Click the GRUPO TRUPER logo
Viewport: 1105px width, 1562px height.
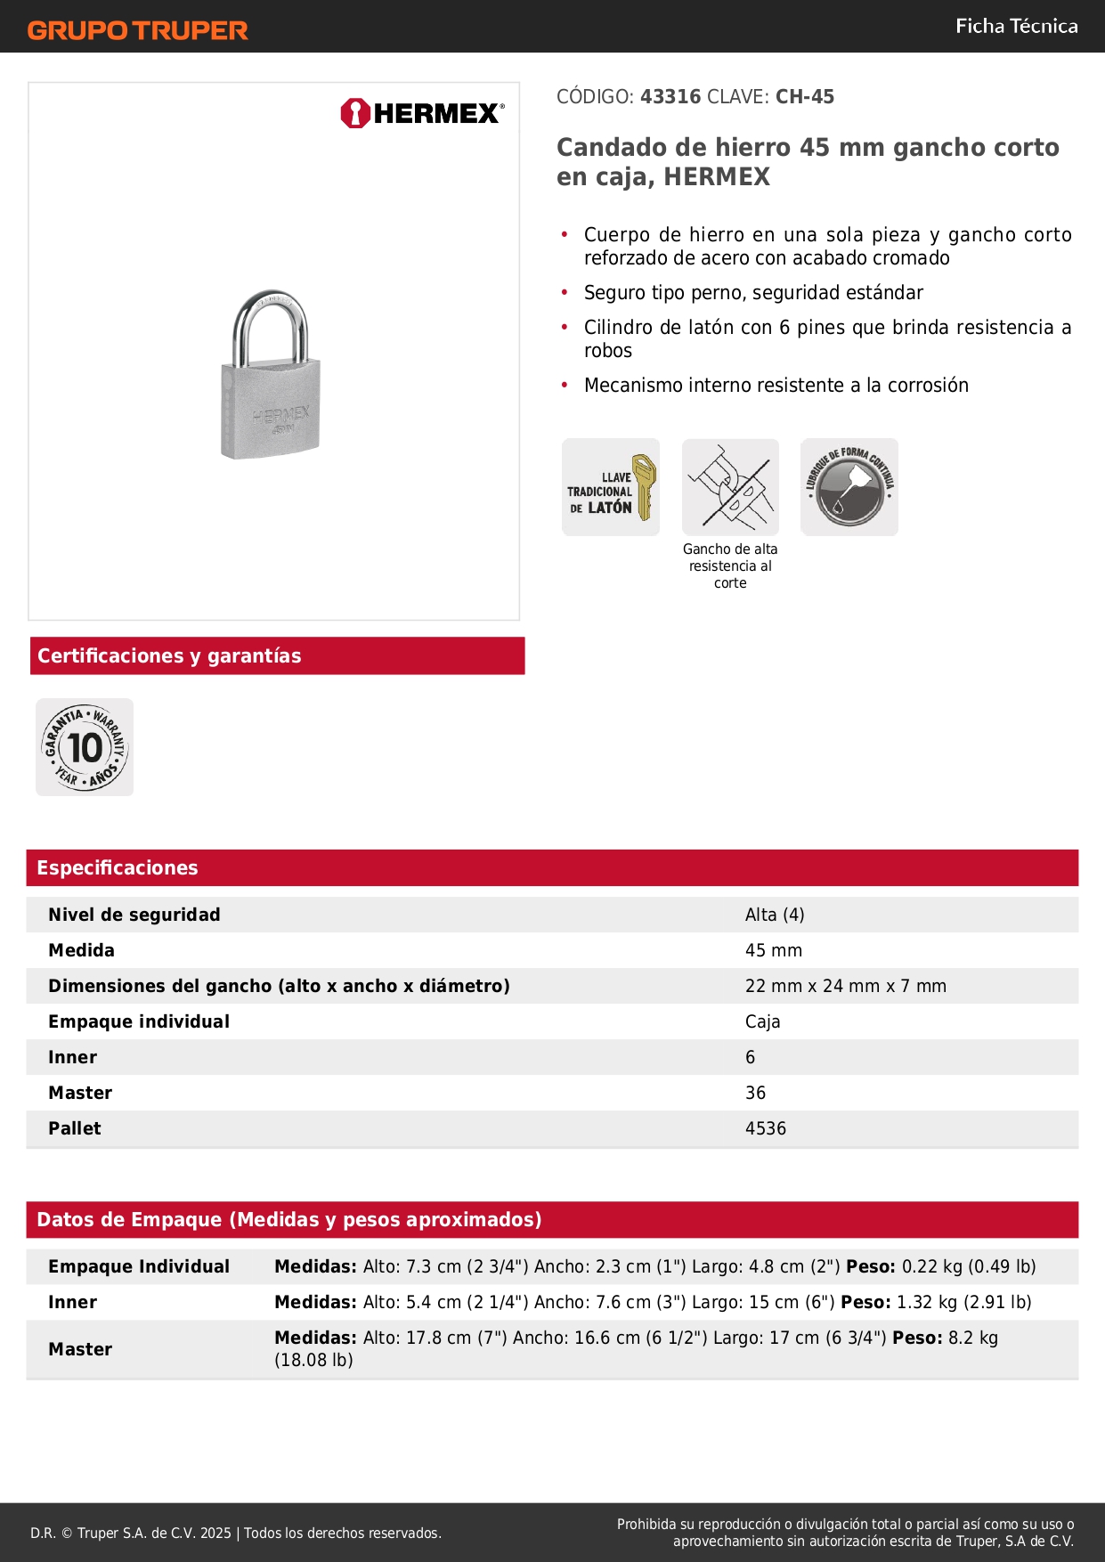tap(137, 30)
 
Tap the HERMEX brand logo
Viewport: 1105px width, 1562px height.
tap(422, 113)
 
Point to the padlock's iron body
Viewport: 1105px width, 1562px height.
tap(271, 410)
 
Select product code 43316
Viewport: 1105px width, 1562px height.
tap(670, 97)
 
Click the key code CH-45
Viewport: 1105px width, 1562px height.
tap(804, 97)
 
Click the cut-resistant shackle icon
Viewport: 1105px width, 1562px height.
tap(730, 487)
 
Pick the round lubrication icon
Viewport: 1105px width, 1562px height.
tap(849, 487)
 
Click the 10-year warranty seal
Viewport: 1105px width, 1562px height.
tap(85, 747)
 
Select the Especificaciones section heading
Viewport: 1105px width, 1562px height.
tap(118, 868)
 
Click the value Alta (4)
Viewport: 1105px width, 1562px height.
tap(775, 915)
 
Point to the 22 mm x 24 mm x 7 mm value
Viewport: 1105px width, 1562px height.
tap(845, 986)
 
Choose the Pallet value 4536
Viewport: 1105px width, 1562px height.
tap(766, 1128)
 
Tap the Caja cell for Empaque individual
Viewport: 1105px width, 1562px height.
tap(762, 1021)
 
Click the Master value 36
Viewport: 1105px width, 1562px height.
tap(755, 1093)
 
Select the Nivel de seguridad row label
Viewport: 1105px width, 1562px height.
tap(134, 915)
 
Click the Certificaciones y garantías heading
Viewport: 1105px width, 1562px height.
tap(169, 656)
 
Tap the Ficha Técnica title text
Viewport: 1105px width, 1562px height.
tap(1016, 27)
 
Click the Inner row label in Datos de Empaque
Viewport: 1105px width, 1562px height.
tap(73, 1302)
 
